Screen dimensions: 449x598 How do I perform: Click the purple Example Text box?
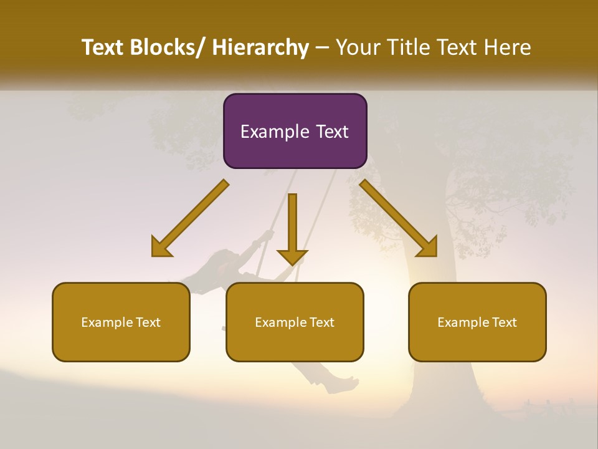pos(295,131)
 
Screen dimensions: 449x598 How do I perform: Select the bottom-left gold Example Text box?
pos(121,322)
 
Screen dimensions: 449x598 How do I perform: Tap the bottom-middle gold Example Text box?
pos(295,322)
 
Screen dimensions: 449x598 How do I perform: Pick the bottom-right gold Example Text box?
pos(477,322)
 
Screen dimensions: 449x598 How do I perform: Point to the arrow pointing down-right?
pos(398,218)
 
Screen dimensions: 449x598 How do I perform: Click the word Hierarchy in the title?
pos(260,47)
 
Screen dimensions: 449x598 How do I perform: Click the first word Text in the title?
pos(102,47)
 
